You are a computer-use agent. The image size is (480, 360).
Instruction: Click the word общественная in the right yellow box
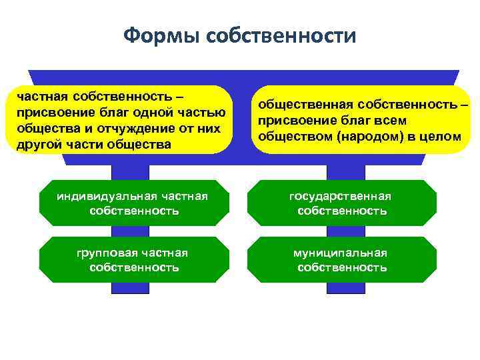click(x=305, y=105)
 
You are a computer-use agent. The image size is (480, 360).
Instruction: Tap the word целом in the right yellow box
click(x=442, y=137)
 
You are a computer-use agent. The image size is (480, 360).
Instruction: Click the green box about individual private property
click(x=133, y=203)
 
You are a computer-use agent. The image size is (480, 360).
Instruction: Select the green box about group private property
click(x=133, y=260)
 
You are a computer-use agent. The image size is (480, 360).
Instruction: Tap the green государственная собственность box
click(x=341, y=203)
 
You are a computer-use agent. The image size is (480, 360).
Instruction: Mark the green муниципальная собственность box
click(x=341, y=260)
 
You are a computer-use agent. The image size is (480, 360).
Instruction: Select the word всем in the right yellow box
click(x=394, y=121)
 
